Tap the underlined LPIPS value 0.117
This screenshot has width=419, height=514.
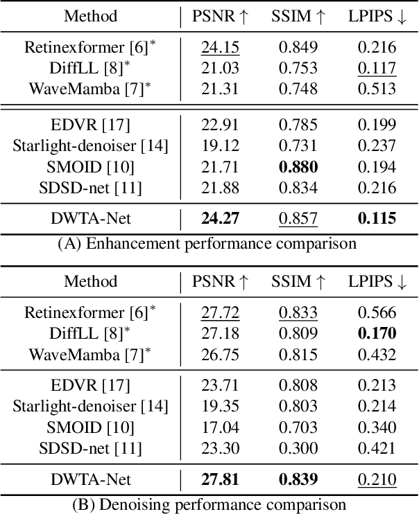377,68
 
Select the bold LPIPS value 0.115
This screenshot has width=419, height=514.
377,219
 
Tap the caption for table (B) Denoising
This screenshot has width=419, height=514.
209,504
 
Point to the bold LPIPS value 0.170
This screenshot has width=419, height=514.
377,334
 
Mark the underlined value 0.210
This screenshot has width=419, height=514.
377,479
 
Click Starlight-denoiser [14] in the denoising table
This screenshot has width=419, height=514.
90,407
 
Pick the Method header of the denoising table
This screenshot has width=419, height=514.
90,282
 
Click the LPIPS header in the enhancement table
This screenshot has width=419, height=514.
377,16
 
